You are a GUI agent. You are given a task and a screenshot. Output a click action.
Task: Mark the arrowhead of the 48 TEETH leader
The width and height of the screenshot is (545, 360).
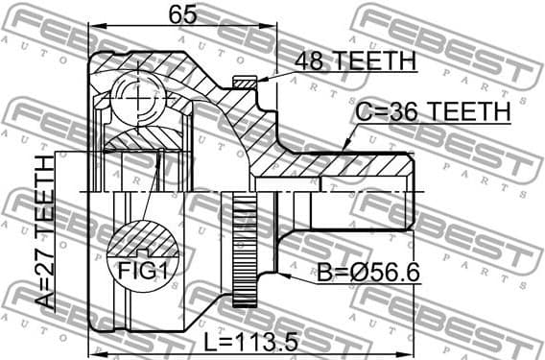(256, 82)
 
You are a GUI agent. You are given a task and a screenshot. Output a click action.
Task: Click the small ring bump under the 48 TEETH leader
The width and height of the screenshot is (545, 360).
(246, 84)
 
